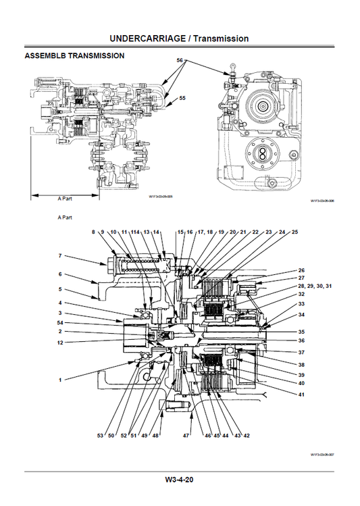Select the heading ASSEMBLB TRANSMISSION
coord(74,56)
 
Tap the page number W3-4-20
coord(180,480)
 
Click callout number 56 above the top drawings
coord(180,61)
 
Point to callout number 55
coord(182,99)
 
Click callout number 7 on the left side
coord(60,256)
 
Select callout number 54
coord(60,323)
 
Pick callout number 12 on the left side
coord(60,342)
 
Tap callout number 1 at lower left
coord(60,380)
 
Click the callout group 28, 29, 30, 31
coord(315,286)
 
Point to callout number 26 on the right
coord(301,270)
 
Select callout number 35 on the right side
coord(301,332)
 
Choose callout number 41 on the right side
coord(301,394)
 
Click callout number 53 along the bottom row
coord(100,436)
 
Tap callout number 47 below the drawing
coord(186,436)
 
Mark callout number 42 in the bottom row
coord(247,436)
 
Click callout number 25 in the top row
coord(294,232)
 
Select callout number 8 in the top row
coord(94,232)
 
